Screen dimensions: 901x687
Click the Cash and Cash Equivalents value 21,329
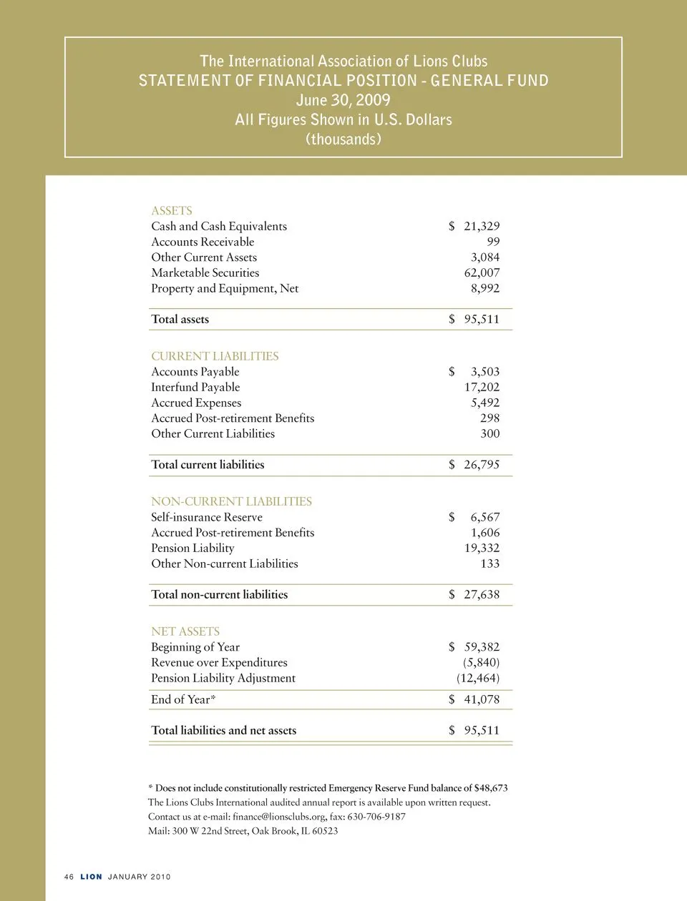[482, 227]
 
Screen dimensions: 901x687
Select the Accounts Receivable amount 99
[493, 242]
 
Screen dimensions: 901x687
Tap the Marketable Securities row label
[205, 273]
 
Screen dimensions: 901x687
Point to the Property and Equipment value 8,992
[484, 289]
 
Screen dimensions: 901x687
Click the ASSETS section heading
[172, 211]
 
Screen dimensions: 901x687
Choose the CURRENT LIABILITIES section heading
[215, 356]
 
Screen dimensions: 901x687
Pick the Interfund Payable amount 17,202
[482, 388]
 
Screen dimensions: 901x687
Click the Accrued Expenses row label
[196, 403]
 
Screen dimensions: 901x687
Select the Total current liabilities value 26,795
[482, 465]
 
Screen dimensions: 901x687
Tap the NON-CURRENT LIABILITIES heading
[231, 502]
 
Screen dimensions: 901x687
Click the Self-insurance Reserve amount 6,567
[484, 518]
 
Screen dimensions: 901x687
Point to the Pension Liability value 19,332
[482, 548]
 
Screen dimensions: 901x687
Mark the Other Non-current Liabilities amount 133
[490, 564]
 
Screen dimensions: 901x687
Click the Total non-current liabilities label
[219, 595]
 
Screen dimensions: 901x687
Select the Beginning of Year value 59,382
[482, 647]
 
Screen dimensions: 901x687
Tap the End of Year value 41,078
[482, 700]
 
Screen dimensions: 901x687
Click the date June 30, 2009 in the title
[343, 100]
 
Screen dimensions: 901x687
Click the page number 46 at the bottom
[69, 877]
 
